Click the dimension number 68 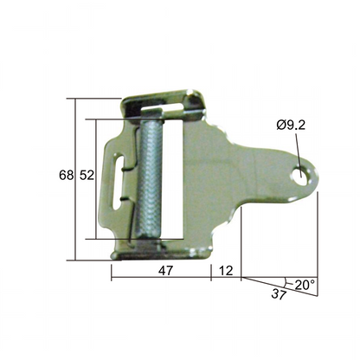pyautogui.click(x=65, y=176)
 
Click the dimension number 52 pyautogui.click(x=87, y=176)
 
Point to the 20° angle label pyautogui.click(x=305, y=284)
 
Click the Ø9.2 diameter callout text pyautogui.click(x=292, y=127)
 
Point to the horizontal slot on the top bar pyautogui.click(x=170, y=106)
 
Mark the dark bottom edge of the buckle pyautogui.click(x=160, y=254)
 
